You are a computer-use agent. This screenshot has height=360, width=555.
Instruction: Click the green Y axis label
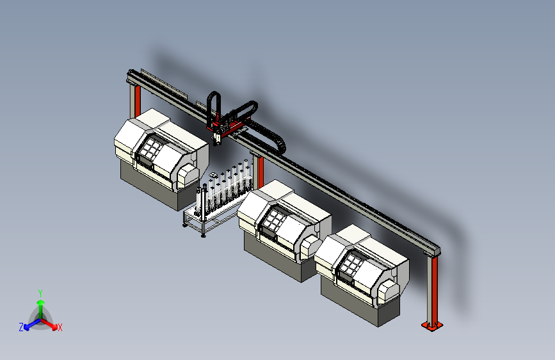point(40,293)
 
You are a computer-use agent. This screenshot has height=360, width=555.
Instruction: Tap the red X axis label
point(60,328)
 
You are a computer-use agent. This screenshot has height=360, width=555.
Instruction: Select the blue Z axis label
point(21,327)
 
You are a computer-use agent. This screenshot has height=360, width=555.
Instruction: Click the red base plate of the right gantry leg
point(432,325)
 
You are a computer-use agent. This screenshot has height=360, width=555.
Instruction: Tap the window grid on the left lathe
point(151,147)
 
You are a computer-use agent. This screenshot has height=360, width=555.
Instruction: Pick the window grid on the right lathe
point(351,263)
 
